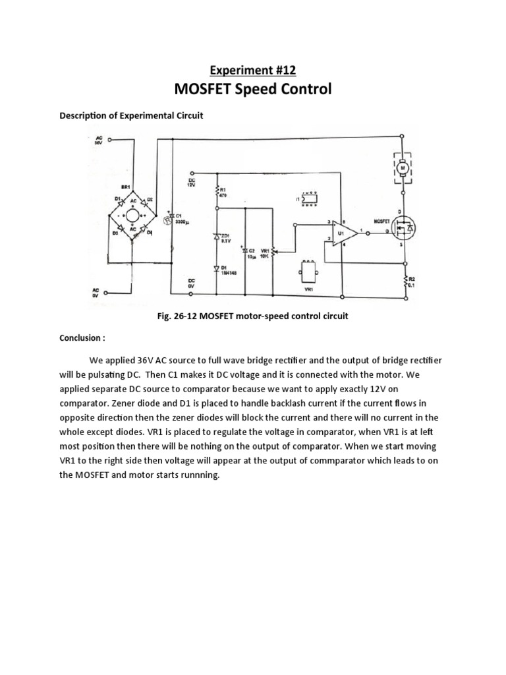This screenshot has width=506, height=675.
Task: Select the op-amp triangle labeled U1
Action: point(343,233)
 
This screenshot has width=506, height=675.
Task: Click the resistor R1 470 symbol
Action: point(217,192)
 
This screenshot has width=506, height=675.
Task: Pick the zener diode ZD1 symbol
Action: point(217,236)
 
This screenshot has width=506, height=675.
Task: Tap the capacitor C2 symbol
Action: point(244,251)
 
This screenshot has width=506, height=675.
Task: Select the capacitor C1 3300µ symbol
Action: point(173,217)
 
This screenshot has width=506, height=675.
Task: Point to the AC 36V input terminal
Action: point(110,140)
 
